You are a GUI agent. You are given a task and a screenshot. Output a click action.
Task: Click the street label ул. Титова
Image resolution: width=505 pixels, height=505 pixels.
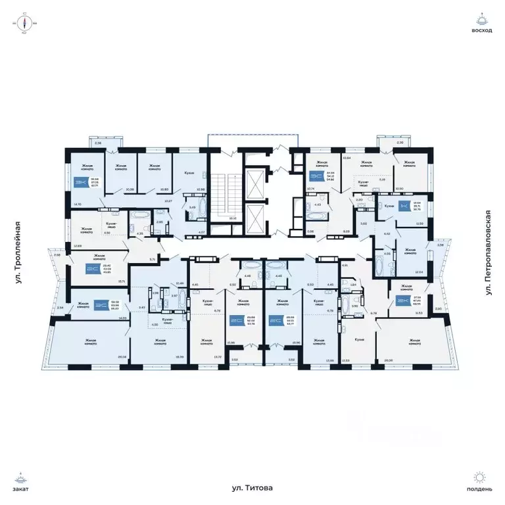point(252,488)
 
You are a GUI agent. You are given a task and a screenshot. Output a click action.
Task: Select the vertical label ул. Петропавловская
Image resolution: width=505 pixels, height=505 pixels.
point(488,252)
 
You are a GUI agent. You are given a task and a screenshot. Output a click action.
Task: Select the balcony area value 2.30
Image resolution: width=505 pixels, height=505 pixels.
point(400,142)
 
